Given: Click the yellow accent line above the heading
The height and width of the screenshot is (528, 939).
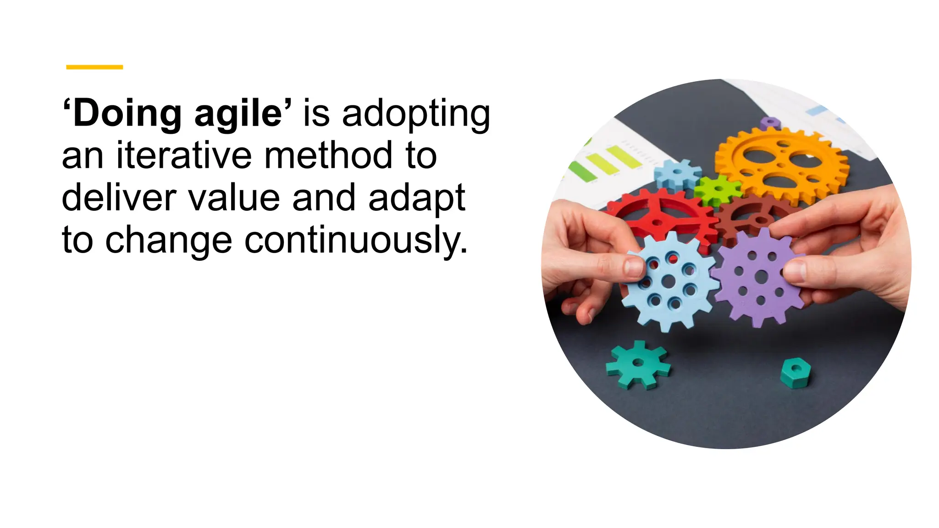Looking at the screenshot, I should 94,67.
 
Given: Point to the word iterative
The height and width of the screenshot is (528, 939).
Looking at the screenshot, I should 184,155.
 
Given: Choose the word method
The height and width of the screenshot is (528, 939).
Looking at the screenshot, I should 329,155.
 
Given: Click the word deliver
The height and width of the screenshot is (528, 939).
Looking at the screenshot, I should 119,198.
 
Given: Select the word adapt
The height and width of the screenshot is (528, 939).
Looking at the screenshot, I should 417,198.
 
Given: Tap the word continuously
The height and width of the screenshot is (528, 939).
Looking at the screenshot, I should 356,240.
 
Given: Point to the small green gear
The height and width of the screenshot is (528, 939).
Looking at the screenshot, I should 717,189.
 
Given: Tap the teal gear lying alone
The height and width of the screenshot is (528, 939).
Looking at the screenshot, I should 638,364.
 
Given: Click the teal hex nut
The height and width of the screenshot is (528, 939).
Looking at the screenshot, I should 795,372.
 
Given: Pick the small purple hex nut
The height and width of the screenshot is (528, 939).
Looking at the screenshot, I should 770,123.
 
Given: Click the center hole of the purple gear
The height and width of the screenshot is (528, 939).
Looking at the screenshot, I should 761,276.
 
